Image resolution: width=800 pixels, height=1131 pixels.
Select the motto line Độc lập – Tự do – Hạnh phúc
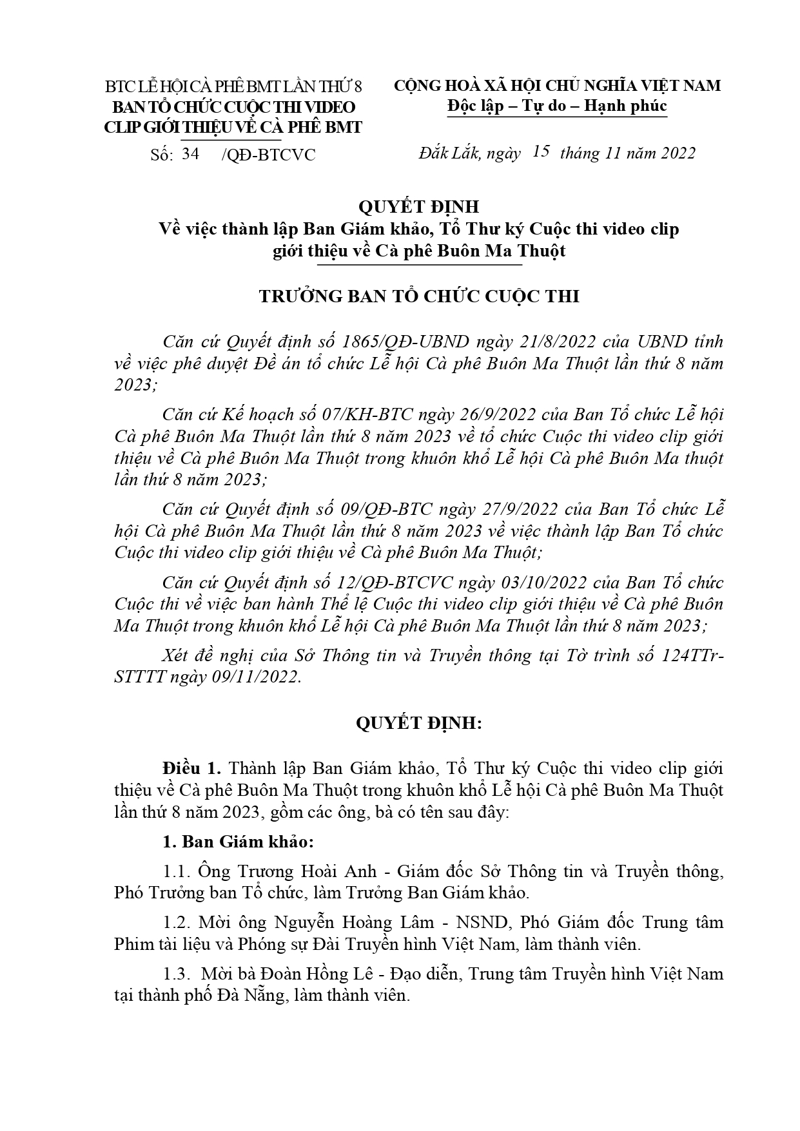click(557, 106)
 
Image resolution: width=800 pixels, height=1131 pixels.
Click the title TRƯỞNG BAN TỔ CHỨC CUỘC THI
click(419, 296)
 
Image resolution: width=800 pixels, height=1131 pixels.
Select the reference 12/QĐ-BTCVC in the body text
click(397, 583)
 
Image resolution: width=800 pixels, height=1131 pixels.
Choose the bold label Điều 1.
click(192, 769)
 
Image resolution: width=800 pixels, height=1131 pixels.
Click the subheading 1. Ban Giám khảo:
click(238, 842)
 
